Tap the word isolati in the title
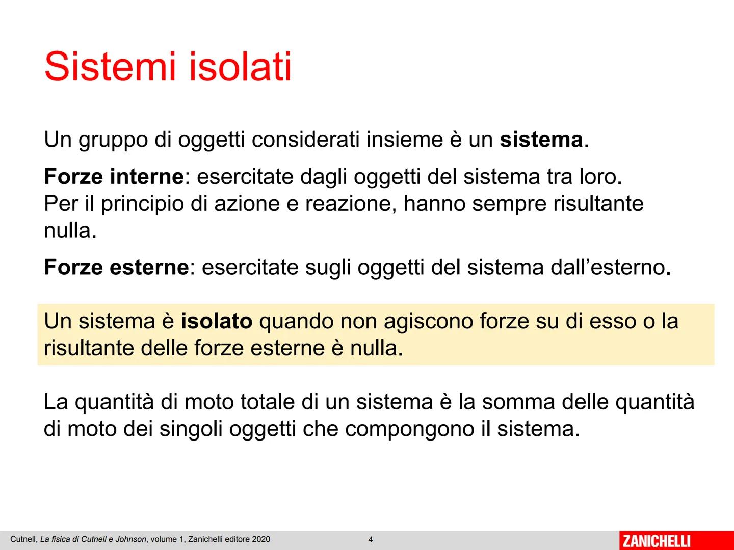(x=240, y=67)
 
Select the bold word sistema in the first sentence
(x=541, y=140)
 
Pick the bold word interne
(x=147, y=177)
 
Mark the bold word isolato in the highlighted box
(x=217, y=321)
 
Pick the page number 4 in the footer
(x=371, y=540)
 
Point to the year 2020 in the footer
(x=260, y=539)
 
